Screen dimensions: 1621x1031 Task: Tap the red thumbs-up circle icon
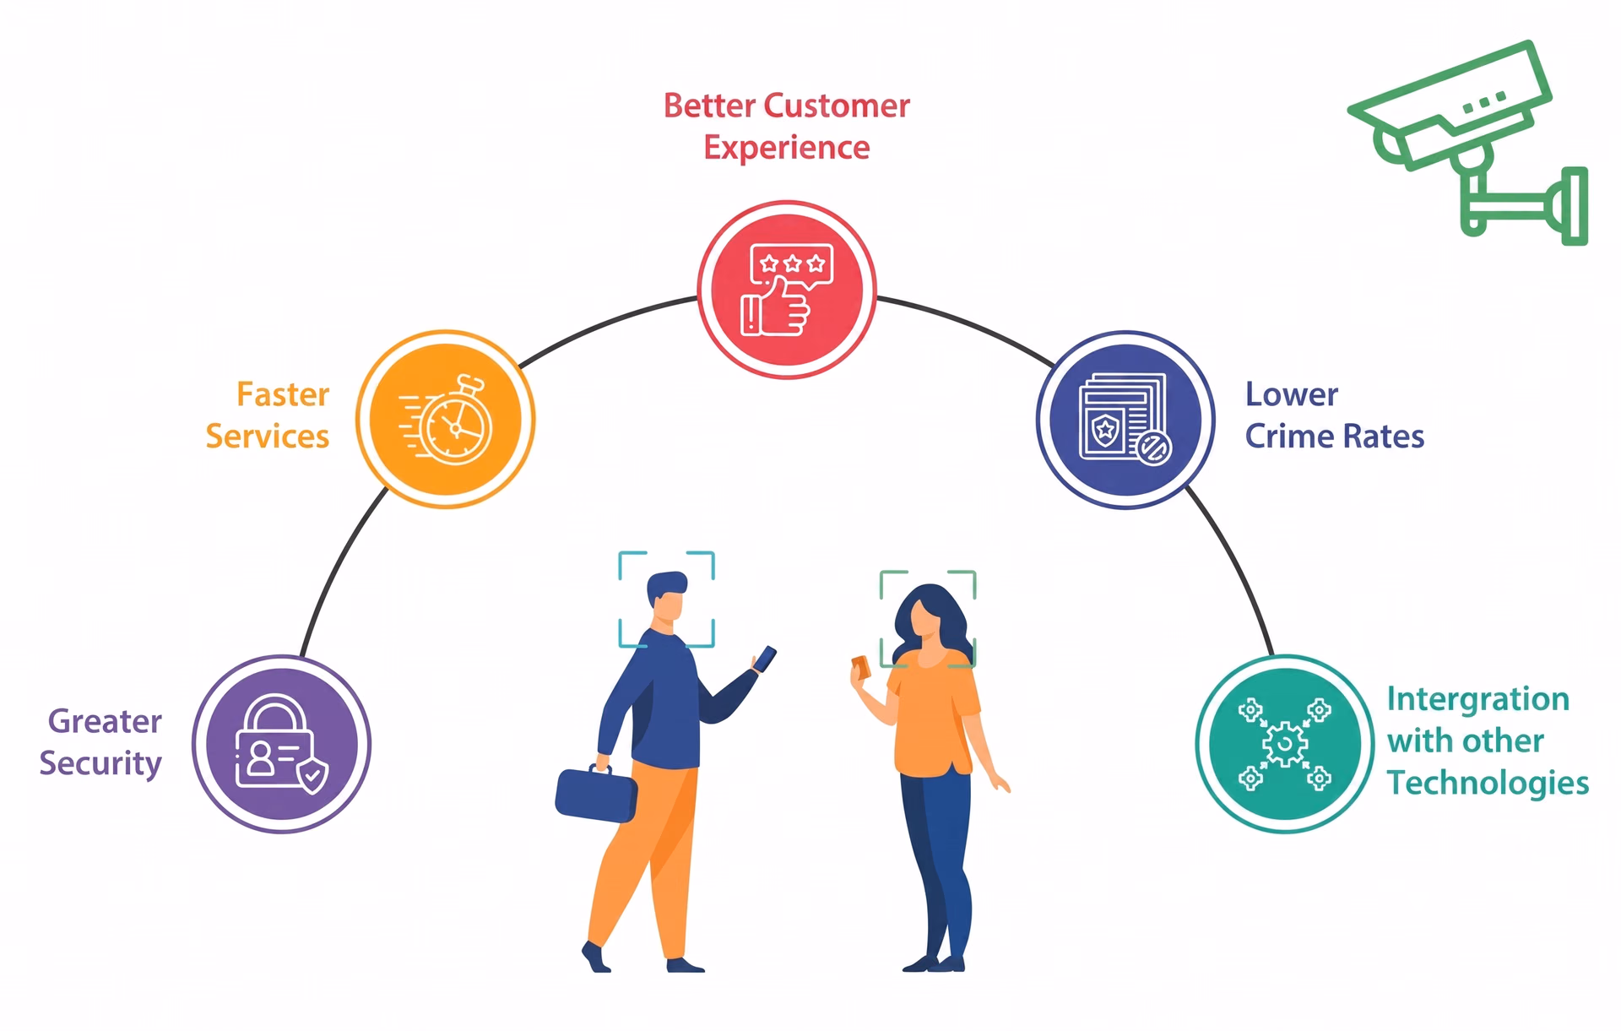[x=787, y=290]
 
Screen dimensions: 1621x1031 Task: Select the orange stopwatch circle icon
[x=446, y=419]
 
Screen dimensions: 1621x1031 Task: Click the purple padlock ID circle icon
[x=281, y=744]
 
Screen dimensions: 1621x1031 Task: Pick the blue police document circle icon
[x=1125, y=420]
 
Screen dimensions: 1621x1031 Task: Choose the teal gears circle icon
[x=1285, y=744]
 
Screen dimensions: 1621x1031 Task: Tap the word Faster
[x=283, y=395]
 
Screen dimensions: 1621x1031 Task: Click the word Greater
[x=105, y=722]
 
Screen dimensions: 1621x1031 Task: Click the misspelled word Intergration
[x=1478, y=700]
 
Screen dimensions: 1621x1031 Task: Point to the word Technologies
[x=1488, y=783]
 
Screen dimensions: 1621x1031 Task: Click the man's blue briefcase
[x=596, y=793]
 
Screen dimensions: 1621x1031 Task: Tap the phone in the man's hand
[x=765, y=659]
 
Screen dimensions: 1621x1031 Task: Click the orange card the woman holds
[x=861, y=667]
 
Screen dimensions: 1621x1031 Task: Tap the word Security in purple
[x=100, y=764]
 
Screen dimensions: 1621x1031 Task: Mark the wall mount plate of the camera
[x=1575, y=206]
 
